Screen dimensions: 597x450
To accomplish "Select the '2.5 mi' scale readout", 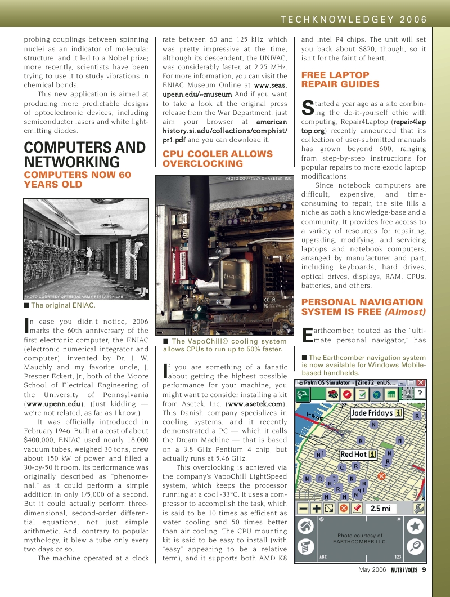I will [x=380, y=509].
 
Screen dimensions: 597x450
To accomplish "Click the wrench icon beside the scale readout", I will [x=418, y=508].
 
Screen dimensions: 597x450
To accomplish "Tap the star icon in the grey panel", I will [x=415, y=527].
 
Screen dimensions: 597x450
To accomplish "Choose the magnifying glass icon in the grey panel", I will [x=415, y=546].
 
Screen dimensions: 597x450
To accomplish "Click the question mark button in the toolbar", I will [x=419, y=394].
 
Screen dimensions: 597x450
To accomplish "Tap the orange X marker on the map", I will [x=381, y=476].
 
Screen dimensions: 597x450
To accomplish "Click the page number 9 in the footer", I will [x=424, y=569].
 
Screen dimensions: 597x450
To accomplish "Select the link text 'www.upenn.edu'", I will [x=53, y=404].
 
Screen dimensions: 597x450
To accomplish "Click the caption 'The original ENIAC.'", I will [x=63, y=305].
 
